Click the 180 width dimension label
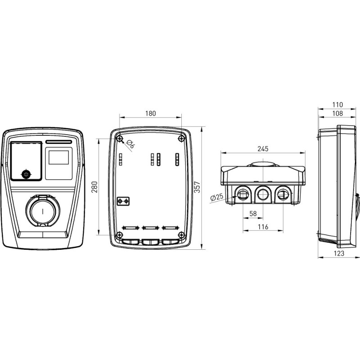150,113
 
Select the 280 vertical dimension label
94,187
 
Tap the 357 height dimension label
197,187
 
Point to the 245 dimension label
263,149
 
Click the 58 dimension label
253,213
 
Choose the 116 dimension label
263,227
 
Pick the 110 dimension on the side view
337,105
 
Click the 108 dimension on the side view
337,113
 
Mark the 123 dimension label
339,253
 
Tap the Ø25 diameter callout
216,197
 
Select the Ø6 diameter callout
130,144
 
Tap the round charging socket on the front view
43,211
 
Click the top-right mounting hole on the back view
181,139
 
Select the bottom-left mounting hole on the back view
119,234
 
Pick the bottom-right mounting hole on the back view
181,234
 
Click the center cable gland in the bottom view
263,195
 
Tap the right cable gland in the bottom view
283,195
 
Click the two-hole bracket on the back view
123,201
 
